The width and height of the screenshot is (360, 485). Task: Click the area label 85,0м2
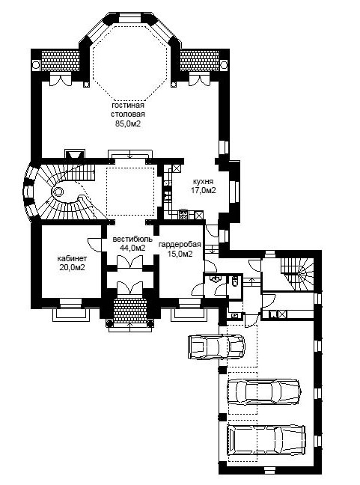click(x=127, y=123)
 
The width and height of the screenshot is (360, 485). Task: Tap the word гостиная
click(x=128, y=106)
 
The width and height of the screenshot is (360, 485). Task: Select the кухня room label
click(x=203, y=181)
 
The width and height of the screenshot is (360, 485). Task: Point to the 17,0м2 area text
click(x=203, y=191)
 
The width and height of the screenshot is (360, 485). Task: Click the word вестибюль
click(x=132, y=239)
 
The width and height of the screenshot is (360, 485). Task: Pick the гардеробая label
click(x=180, y=244)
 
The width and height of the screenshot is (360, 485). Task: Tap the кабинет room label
click(x=72, y=258)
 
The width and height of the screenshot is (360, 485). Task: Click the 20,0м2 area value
click(x=72, y=267)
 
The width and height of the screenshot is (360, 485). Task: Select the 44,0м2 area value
click(x=132, y=248)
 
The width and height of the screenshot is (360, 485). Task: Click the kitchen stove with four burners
click(x=183, y=214)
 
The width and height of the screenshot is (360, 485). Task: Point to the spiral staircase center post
click(x=58, y=192)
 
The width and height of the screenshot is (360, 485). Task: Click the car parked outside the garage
click(x=216, y=347)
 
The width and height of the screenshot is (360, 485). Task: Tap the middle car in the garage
click(x=263, y=391)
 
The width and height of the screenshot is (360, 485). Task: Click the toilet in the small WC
click(x=234, y=281)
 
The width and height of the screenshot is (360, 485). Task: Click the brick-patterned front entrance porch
click(x=130, y=311)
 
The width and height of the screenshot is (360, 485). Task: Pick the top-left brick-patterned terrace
click(x=61, y=61)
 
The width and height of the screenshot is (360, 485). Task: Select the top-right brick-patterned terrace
click(x=200, y=61)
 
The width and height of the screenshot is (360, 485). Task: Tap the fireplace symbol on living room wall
click(x=74, y=154)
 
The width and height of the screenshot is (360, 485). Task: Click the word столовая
click(x=128, y=114)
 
